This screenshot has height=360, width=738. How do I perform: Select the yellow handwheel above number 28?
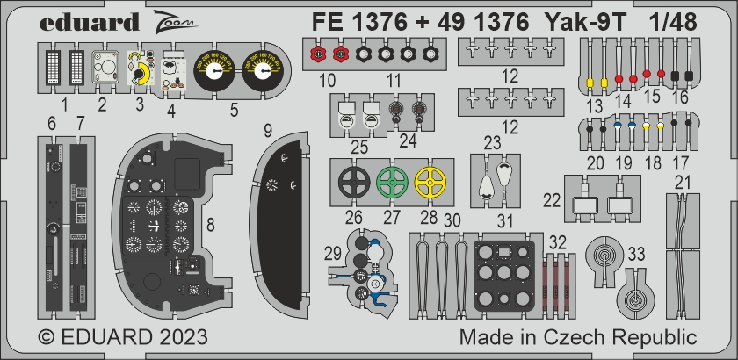tap(430, 184)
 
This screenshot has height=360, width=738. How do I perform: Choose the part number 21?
tap(682, 182)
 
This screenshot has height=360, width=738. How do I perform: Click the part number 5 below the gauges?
tap(234, 111)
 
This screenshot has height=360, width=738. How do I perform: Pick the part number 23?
tap(492, 142)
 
